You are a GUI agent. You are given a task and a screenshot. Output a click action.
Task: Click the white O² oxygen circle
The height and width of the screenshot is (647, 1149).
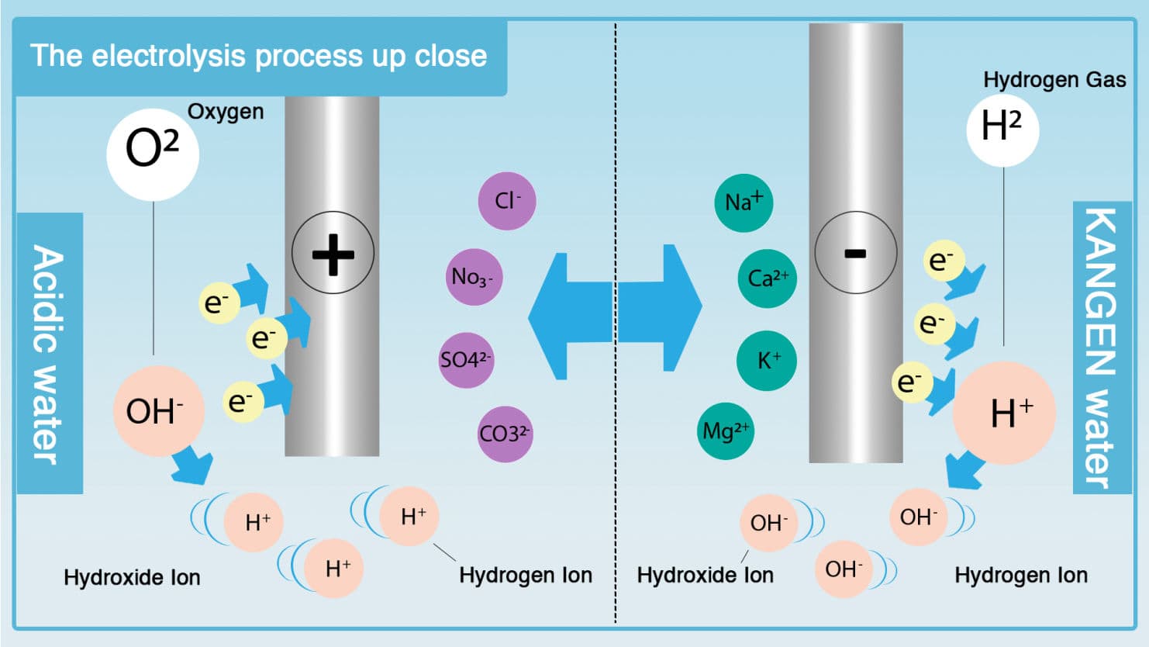(152, 154)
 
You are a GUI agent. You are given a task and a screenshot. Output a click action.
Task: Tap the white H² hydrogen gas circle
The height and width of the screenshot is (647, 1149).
(1002, 129)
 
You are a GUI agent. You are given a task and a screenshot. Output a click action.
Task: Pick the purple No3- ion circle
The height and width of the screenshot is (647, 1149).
(474, 277)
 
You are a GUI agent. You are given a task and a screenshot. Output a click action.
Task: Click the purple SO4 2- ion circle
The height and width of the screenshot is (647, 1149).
(466, 360)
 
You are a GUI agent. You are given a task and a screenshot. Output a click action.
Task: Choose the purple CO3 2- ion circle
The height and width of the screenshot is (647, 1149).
(505, 434)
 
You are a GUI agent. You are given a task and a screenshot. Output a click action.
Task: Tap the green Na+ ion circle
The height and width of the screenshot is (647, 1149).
(744, 202)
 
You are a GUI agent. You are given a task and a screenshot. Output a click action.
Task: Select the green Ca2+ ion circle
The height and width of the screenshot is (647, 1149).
(768, 279)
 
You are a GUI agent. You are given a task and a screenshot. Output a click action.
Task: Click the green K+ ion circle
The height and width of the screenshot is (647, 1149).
(767, 361)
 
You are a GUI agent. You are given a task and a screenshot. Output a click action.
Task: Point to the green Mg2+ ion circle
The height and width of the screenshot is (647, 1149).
(726, 431)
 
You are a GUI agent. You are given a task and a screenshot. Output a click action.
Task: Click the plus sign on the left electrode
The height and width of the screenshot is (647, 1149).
(333, 253)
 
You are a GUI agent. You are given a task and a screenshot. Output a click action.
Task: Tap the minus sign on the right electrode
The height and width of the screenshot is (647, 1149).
(855, 253)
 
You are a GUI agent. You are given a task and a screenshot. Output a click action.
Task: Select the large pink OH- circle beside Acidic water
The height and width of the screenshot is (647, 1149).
(158, 411)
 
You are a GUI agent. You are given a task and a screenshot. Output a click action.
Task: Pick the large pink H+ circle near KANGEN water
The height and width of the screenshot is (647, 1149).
(1004, 413)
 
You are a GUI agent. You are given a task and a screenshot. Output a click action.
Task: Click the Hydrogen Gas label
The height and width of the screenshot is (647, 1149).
(1054, 79)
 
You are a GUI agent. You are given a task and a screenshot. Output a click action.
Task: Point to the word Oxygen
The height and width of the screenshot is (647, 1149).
(226, 112)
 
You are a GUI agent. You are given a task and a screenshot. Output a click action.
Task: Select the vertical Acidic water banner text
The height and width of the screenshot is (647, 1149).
(48, 354)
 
